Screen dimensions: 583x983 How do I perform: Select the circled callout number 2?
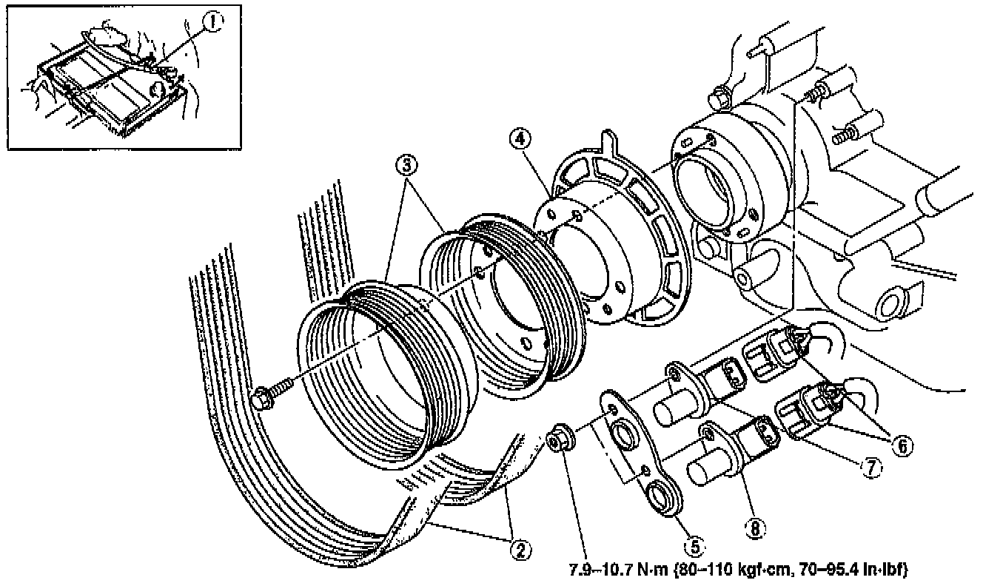[x=520, y=549]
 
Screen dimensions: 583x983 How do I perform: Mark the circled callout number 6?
[x=902, y=445]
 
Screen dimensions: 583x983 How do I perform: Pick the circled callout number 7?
[x=870, y=467]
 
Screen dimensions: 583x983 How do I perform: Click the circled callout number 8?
[x=754, y=528]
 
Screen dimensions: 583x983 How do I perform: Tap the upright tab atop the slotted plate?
[x=608, y=140]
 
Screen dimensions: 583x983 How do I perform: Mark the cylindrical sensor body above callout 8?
[x=708, y=466]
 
